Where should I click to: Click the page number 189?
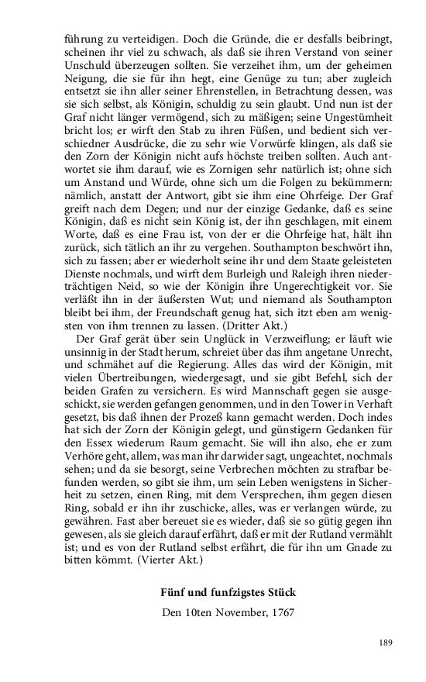(386, 642)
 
